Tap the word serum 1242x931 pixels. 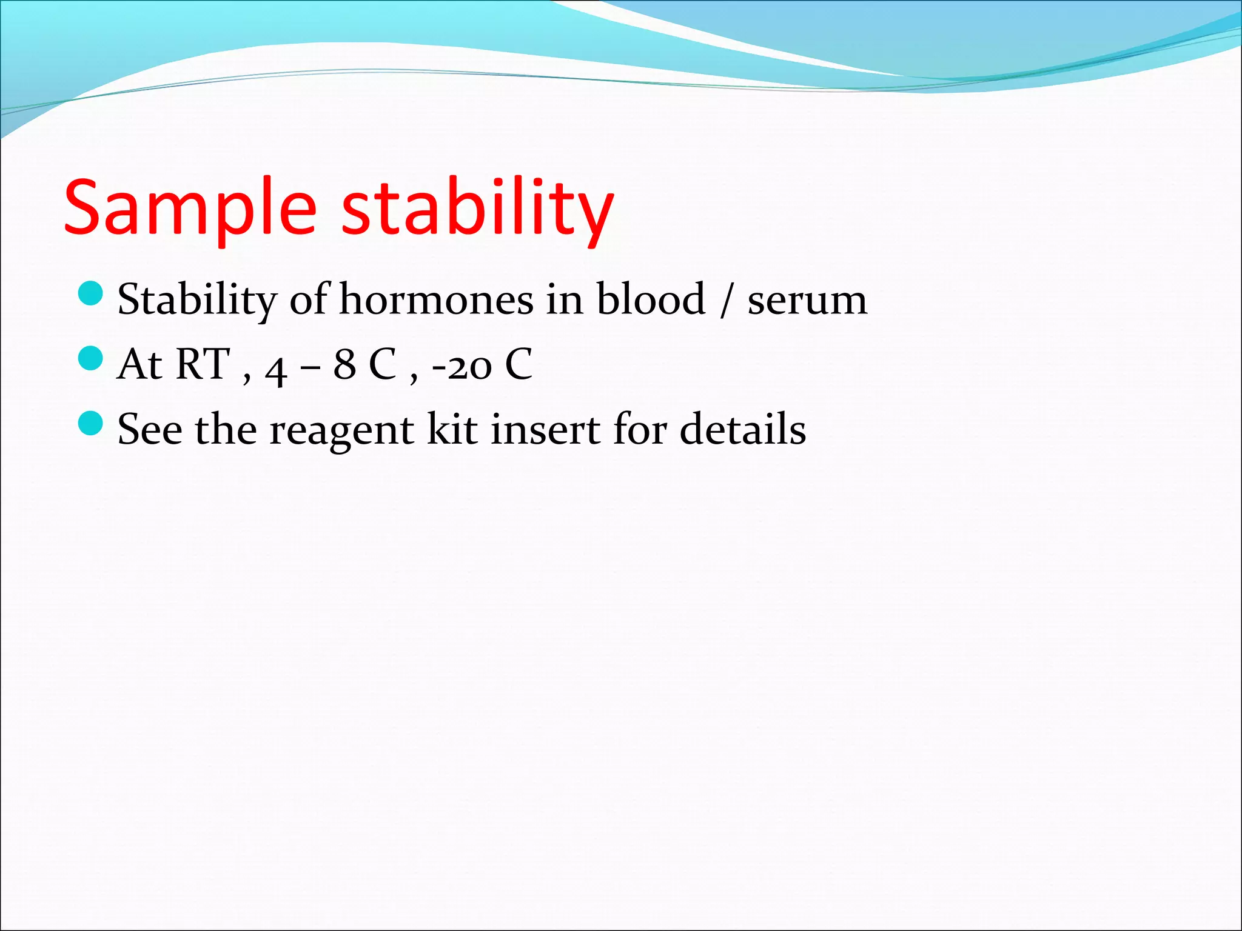pyautogui.click(x=807, y=301)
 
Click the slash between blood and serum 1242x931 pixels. pyautogui.click(x=726, y=301)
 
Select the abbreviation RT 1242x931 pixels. pyautogui.click(x=202, y=364)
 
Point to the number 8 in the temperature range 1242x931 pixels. pyautogui.click(x=344, y=365)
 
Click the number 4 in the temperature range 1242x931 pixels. pyautogui.click(x=276, y=369)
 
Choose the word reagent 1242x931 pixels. pyautogui.click(x=341, y=430)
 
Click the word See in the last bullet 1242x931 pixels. pyautogui.click(x=150, y=429)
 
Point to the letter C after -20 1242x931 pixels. pyautogui.click(x=519, y=364)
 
